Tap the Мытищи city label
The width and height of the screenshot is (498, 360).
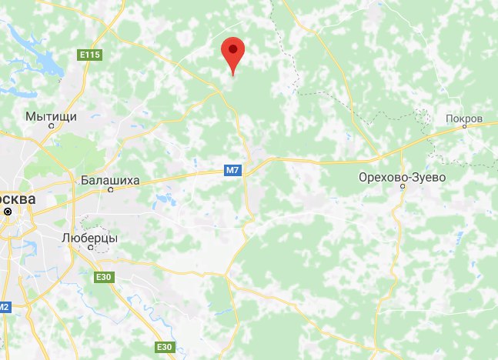52,116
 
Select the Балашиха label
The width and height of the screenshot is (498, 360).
110,180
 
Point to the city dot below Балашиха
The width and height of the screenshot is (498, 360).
111,190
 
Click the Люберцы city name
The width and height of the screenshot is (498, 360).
89,238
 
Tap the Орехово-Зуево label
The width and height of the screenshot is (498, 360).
402,177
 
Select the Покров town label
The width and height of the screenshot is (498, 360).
463,119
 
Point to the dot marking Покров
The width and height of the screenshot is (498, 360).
464,128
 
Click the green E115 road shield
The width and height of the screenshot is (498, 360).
90,55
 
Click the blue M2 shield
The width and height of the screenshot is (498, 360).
5,308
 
